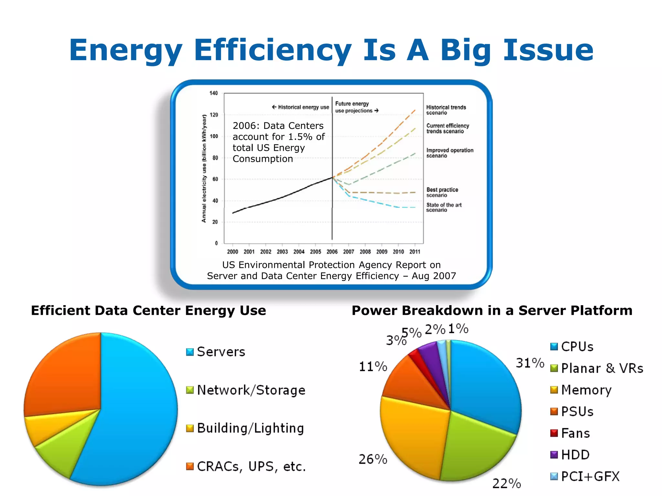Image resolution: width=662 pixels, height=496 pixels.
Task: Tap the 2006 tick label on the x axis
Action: click(332, 252)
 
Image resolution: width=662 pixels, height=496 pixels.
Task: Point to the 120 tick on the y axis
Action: click(214, 115)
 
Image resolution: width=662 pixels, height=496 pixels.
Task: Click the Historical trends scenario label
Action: click(446, 110)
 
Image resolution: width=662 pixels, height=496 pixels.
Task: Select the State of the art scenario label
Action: click(443, 207)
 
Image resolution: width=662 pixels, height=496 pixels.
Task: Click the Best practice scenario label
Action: click(442, 192)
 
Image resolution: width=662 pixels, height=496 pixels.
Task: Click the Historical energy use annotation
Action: click(301, 107)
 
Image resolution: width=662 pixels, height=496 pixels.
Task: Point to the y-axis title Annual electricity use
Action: click(204, 168)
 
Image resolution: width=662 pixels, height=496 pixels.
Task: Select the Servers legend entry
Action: click(221, 352)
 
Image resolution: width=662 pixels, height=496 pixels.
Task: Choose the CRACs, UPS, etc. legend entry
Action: click(251, 467)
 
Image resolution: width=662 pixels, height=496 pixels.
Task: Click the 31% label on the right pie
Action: click(530, 363)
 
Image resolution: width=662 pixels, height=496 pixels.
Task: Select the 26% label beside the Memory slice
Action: click(373, 459)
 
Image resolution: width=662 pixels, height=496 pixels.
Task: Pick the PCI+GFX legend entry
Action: click(590, 476)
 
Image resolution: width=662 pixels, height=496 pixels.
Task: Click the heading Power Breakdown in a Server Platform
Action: click(492, 310)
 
